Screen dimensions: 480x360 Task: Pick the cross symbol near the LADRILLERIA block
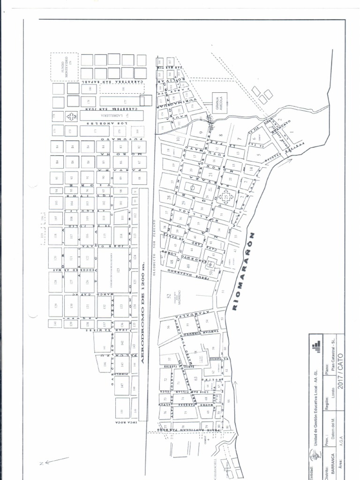click(x=72, y=116)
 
